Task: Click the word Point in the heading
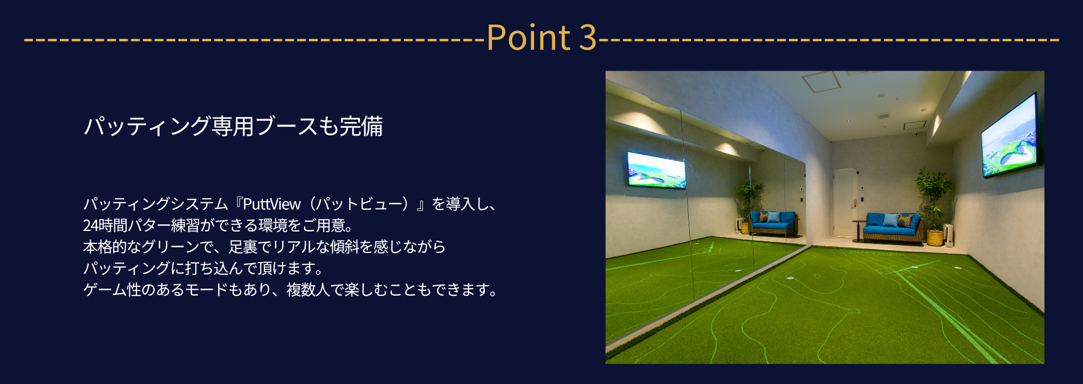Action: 529,38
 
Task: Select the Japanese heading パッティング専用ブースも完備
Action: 234,126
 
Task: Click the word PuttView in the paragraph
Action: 271,204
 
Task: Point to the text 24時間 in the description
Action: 105,225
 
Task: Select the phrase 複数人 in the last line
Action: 308,290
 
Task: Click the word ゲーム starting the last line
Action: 105,290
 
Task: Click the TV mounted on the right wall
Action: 1009,136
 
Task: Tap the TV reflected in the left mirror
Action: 657,169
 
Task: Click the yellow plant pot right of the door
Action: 935,238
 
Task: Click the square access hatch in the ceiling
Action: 821,82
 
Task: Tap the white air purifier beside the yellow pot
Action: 948,235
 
